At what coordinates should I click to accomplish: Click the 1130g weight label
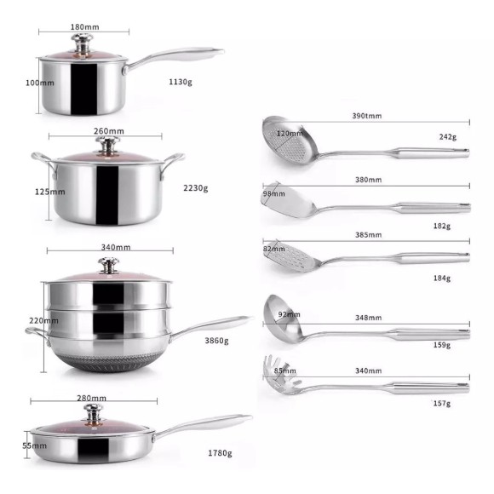pos(181,82)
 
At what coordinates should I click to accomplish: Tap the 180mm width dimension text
pos(85,27)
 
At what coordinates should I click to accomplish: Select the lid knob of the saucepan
pos(83,44)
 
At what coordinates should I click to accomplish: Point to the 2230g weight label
pos(196,188)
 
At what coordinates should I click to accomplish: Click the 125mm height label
pos(49,192)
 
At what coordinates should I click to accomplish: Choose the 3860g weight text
pos(216,341)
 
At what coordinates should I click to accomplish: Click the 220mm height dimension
pos(43,321)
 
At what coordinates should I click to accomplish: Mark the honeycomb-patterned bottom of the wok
pos(109,362)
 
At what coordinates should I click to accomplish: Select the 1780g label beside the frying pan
pos(220,453)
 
